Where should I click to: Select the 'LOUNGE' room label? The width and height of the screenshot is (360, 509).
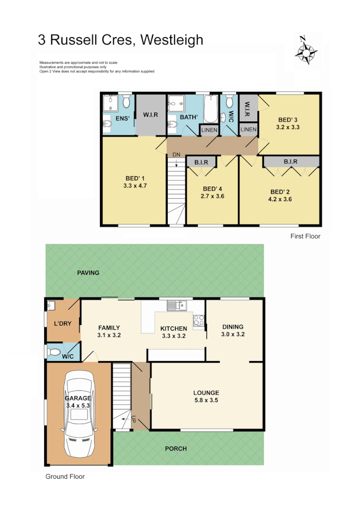coord(206,392)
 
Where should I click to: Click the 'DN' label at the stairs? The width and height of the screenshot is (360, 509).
coord(176,155)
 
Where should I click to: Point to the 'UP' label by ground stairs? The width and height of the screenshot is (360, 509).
coord(133,419)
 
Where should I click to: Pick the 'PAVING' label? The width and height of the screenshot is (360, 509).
coord(88,273)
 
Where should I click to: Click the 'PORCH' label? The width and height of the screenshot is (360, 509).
coord(175,448)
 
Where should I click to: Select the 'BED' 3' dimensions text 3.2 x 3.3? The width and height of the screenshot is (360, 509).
coord(288,127)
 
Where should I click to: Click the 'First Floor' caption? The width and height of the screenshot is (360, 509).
coord(305,236)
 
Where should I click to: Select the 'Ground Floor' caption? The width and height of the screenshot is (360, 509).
coord(65,477)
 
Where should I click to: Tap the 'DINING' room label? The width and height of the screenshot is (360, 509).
coord(233,327)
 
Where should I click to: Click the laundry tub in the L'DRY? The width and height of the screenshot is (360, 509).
coord(51,304)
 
